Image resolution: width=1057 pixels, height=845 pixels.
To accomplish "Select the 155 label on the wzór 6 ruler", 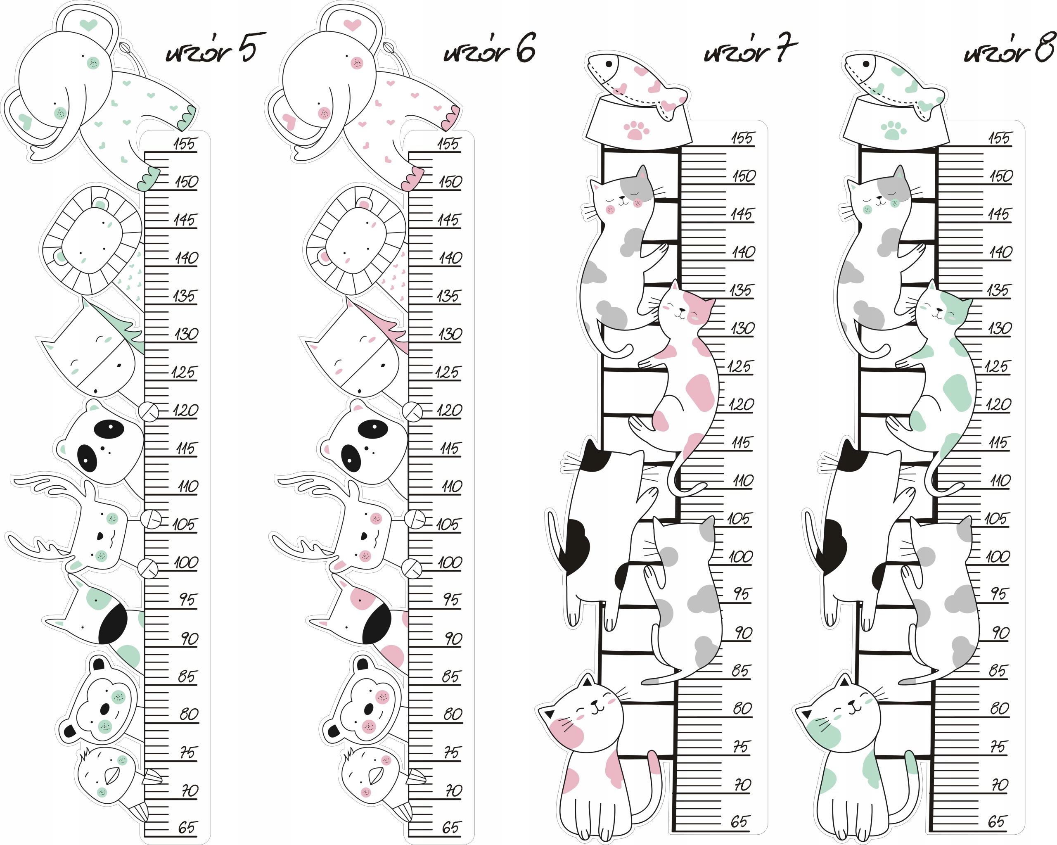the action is pyautogui.click(x=448, y=144).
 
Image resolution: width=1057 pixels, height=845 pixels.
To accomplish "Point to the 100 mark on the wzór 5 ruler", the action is pyautogui.click(x=186, y=562).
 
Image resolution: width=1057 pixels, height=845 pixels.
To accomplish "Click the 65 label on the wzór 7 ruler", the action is pyautogui.click(x=740, y=821).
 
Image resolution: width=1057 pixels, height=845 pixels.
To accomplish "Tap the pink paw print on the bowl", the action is pyautogui.click(x=636, y=131).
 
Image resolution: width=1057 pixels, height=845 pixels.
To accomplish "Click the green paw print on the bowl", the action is pyautogui.click(x=893, y=131).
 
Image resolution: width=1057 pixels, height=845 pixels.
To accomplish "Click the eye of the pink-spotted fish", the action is pyautogui.click(x=609, y=64).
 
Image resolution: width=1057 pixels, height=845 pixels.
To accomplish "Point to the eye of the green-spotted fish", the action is pyautogui.click(x=866, y=64).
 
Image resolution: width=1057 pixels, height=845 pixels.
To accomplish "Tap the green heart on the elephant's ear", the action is pyautogui.click(x=88, y=24).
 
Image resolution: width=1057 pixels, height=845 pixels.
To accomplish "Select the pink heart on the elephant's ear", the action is pyautogui.click(x=352, y=24).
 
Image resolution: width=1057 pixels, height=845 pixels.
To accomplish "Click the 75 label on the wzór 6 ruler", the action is pyautogui.click(x=451, y=752).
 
